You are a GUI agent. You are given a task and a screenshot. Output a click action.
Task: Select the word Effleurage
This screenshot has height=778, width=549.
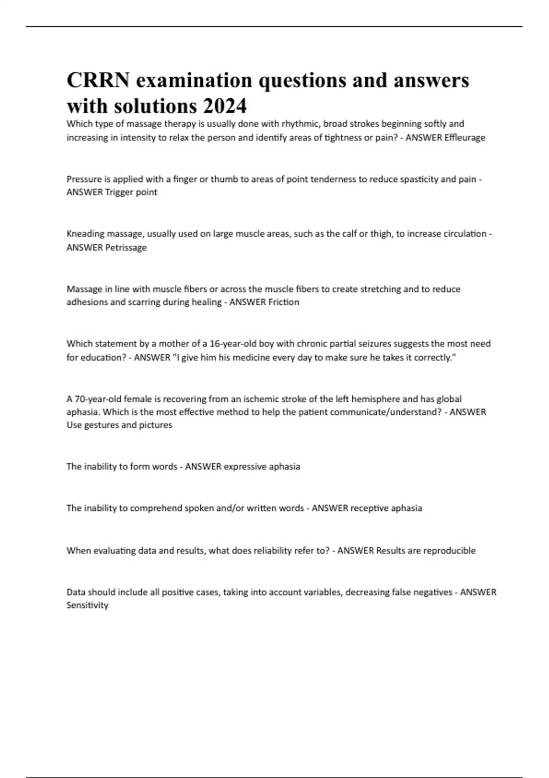pyautogui.click(x=465, y=137)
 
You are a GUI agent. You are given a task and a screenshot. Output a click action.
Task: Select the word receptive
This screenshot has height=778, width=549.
pyautogui.click(x=369, y=508)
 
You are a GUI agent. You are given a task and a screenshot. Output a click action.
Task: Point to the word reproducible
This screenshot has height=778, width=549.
pyautogui.click(x=449, y=551)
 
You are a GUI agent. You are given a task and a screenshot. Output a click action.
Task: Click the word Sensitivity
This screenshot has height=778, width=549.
pyautogui.click(x=87, y=605)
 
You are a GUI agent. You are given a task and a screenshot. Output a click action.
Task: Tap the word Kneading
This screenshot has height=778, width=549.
pyautogui.click(x=86, y=234)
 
